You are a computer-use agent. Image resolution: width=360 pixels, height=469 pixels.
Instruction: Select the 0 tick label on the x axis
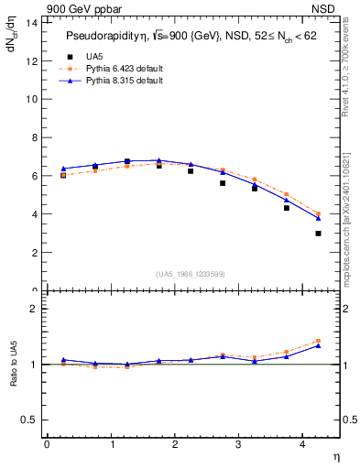47,444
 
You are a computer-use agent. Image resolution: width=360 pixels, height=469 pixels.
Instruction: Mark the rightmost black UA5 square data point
318,234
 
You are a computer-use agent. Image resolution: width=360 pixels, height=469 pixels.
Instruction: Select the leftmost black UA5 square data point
63,175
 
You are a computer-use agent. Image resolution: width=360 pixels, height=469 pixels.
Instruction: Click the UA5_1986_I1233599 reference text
191,276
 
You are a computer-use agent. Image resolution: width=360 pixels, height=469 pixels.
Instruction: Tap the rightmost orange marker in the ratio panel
318,341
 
